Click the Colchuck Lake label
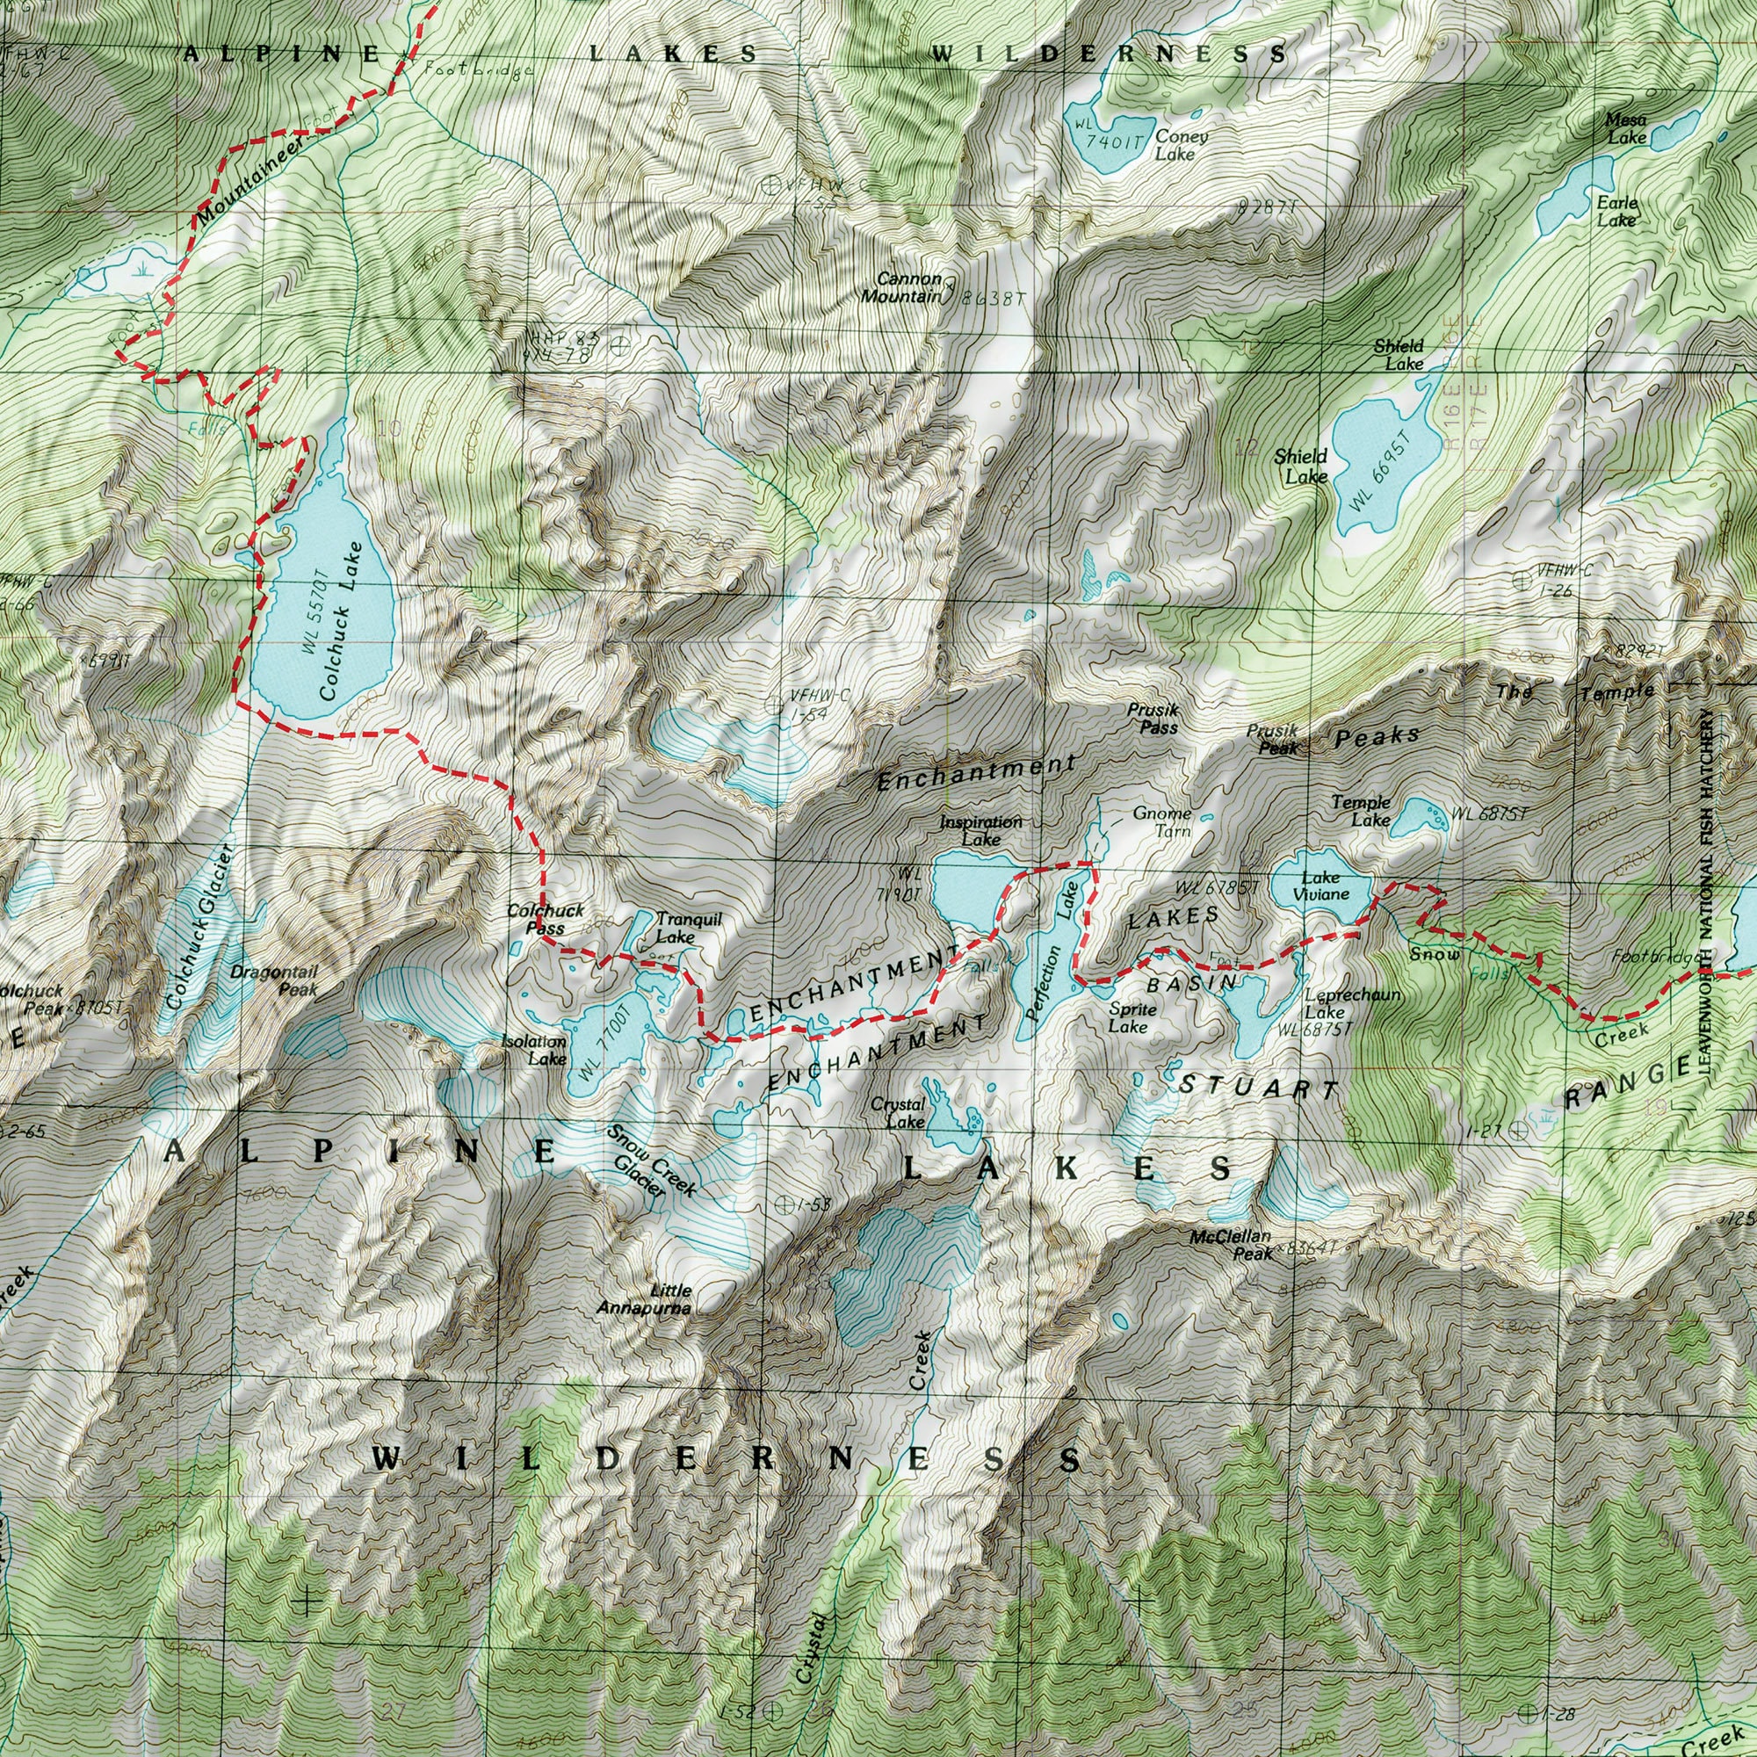342,620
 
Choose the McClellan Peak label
1231,1245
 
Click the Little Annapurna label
644,1299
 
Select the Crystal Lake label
898,1113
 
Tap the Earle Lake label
1617,212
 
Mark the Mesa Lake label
1626,128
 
